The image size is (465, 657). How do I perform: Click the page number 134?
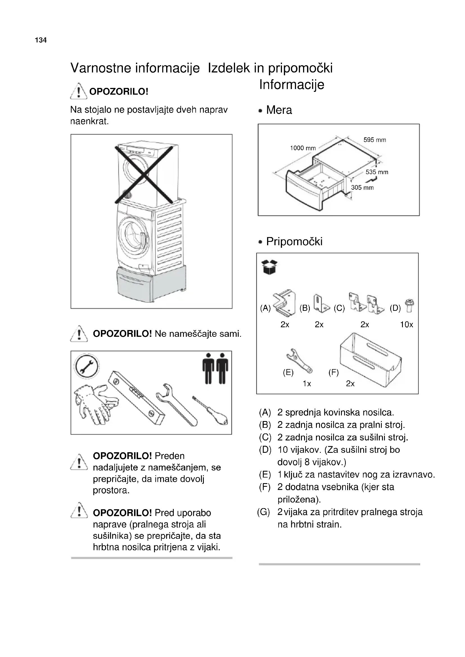click(x=41, y=40)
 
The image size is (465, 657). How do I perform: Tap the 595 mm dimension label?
click(x=374, y=140)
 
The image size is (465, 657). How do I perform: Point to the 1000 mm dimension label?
click(x=303, y=148)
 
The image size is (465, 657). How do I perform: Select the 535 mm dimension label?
click(x=377, y=172)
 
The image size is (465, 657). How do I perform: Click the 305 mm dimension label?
click(x=362, y=187)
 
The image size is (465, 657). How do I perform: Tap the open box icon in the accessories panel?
click(x=269, y=267)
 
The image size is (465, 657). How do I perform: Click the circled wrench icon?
click(x=86, y=367)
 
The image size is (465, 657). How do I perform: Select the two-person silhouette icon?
click(x=215, y=369)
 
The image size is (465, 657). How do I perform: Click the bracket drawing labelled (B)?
click(x=321, y=304)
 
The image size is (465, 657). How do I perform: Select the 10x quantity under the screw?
click(x=406, y=324)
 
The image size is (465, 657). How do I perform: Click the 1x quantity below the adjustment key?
click(x=307, y=383)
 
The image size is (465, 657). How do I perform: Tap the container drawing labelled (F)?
click(x=371, y=360)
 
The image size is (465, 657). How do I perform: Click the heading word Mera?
click(x=279, y=110)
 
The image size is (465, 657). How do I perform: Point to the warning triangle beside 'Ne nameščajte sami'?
click(x=79, y=334)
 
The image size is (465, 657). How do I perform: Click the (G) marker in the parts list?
click(x=263, y=512)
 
